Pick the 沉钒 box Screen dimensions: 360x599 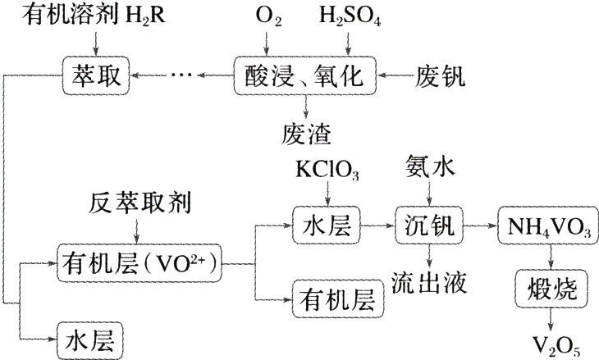[430, 224]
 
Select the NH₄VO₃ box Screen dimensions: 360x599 [547, 224]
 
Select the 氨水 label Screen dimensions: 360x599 [430, 168]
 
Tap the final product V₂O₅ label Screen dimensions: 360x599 [552, 344]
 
